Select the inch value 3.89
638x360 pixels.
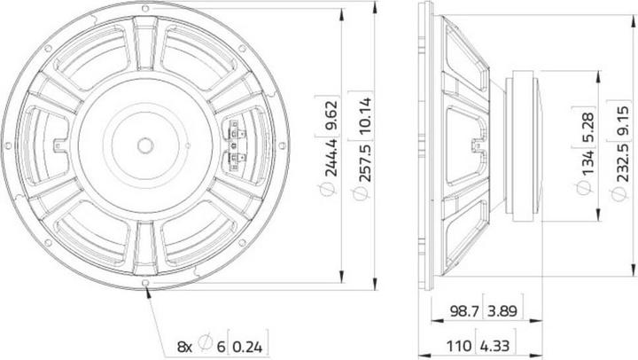coord(502,312)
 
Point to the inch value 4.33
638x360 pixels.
coord(502,342)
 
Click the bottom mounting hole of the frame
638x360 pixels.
coord(144,284)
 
